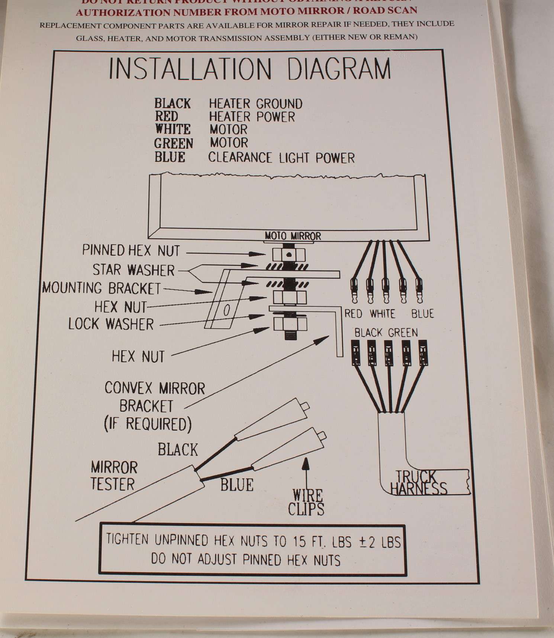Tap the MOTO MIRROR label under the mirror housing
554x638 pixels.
[x=293, y=236]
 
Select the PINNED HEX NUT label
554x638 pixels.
[x=131, y=251]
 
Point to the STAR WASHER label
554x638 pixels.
[x=133, y=270]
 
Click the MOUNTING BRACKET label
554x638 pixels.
[x=101, y=288]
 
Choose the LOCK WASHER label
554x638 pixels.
[x=111, y=324]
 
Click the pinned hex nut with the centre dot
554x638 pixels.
[x=289, y=255]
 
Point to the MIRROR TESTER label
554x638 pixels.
[x=113, y=476]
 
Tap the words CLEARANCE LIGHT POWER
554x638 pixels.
[x=281, y=158]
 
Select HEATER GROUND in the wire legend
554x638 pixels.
[x=255, y=103]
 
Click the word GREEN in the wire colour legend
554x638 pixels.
[x=174, y=144]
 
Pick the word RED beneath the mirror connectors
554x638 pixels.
[x=353, y=314]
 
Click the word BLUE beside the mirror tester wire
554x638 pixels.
[x=236, y=485]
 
